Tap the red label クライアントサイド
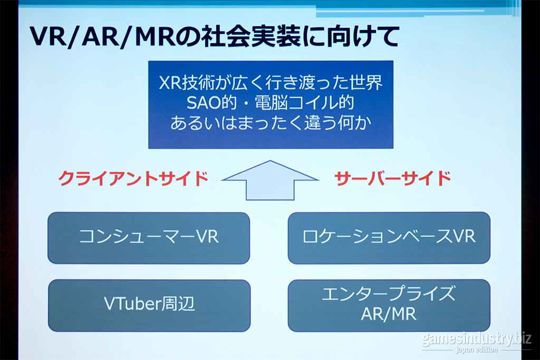tap(133, 179)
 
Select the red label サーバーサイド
tap(392, 178)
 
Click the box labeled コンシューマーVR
tap(149, 238)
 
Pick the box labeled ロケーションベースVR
tap(389, 238)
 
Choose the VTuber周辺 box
tap(149, 306)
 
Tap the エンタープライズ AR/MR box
tap(389, 305)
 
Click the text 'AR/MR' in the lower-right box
tap(389, 314)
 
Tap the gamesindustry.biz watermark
tap(477, 339)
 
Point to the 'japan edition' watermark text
tap(477, 350)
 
